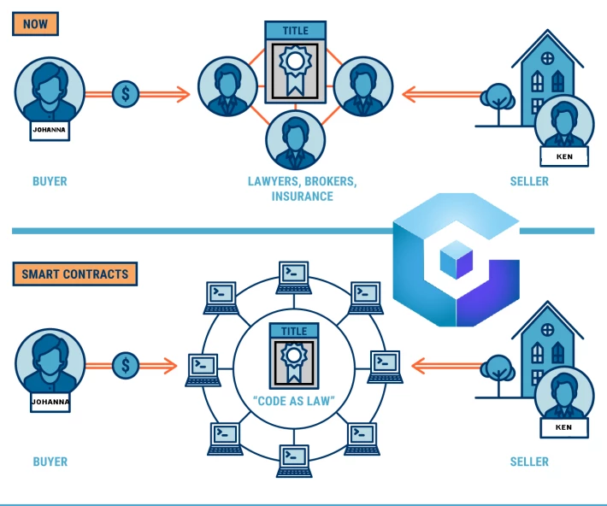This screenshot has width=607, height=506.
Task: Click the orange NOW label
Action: [35, 24]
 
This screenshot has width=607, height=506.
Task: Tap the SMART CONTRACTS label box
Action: [75, 274]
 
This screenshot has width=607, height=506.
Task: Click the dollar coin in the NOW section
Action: [126, 94]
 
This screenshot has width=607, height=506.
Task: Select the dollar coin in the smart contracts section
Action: [126, 366]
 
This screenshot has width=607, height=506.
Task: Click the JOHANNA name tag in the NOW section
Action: [50, 130]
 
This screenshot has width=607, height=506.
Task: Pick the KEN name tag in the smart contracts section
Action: [564, 427]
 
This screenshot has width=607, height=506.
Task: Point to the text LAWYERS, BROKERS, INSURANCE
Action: [303, 189]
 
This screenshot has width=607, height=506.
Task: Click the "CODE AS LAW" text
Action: [294, 401]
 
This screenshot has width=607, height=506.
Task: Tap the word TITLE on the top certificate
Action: [295, 31]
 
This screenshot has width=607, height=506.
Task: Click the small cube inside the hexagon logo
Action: [457, 259]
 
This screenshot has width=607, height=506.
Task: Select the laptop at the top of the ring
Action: [294, 278]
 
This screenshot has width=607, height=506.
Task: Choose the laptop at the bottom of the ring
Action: [294, 461]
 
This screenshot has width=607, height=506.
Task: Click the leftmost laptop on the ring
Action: [203, 370]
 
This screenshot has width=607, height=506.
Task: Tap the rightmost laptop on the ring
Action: [385, 367]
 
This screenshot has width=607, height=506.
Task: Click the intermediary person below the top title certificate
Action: [295, 140]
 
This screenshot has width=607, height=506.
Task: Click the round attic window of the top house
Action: [547, 58]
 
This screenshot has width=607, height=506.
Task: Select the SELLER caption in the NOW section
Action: [529, 181]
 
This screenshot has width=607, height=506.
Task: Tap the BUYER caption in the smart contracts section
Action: [50, 462]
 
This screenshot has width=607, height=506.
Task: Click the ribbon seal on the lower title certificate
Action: [294, 362]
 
